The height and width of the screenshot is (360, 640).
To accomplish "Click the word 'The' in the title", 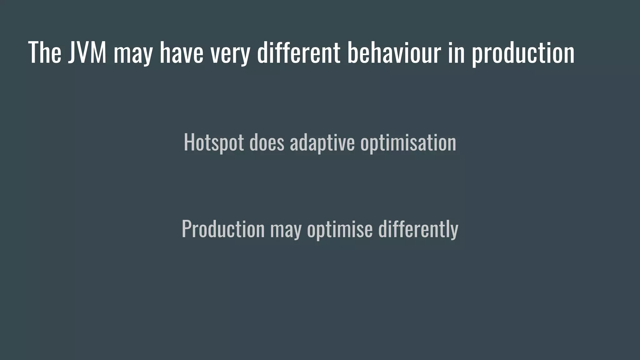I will pos(45,52).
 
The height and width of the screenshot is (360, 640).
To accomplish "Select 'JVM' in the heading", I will pos(87,52).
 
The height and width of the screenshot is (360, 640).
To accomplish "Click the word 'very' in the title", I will pos(230,54).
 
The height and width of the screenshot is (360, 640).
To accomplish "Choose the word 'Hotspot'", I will pos(214,142).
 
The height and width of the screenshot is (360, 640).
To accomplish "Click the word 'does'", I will pos(267,142).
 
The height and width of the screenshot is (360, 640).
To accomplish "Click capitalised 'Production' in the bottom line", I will pos(223,229).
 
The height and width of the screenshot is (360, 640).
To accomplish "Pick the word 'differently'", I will pos(418,229).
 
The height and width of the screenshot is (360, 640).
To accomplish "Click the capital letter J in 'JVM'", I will pos(72,52).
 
